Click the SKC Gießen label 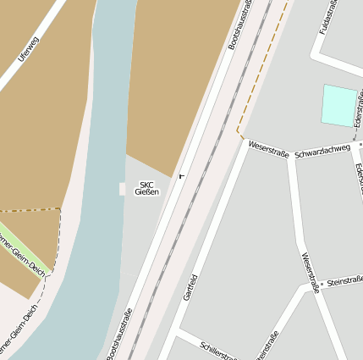[x=146, y=188]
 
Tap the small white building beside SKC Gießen [x=122, y=188]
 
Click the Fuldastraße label [x=327, y=19]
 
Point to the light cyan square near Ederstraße [x=340, y=105]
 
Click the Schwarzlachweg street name [x=322, y=148]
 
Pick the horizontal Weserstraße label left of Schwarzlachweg [x=268, y=149]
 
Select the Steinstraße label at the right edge [x=344, y=280]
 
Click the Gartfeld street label [x=190, y=288]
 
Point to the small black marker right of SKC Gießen [x=181, y=176]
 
